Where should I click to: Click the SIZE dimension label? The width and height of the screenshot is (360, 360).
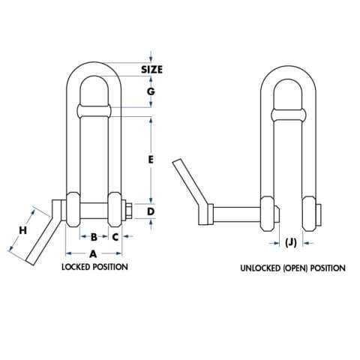pos(152,70)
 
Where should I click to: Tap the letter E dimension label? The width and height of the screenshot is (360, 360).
pos(151,159)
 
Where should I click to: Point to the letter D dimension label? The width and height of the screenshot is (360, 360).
pos(151,212)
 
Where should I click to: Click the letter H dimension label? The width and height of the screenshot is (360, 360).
pos(22,231)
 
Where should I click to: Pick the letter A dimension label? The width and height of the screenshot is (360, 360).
pos(93,253)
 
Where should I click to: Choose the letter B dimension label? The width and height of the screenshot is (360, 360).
pos(94,236)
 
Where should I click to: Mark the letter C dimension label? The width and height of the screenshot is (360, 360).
pos(115,236)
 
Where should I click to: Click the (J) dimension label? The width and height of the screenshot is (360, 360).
pos(291,241)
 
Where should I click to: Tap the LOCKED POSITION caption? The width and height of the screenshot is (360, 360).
pos(94,267)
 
